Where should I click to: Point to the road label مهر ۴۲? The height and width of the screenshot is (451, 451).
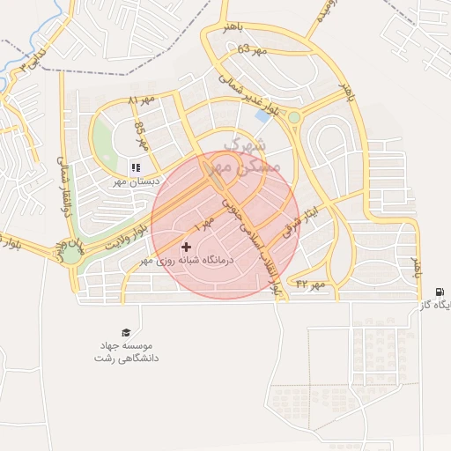click(x=310, y=284)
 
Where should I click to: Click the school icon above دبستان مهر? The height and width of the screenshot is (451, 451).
click(x=135, y=167)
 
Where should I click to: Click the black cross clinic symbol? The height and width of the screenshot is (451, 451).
click(x=186, y=248)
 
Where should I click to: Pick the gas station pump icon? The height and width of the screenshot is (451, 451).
click(x=440, y=292)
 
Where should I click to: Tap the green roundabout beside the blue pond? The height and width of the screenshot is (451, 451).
click(x=294, y=116)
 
